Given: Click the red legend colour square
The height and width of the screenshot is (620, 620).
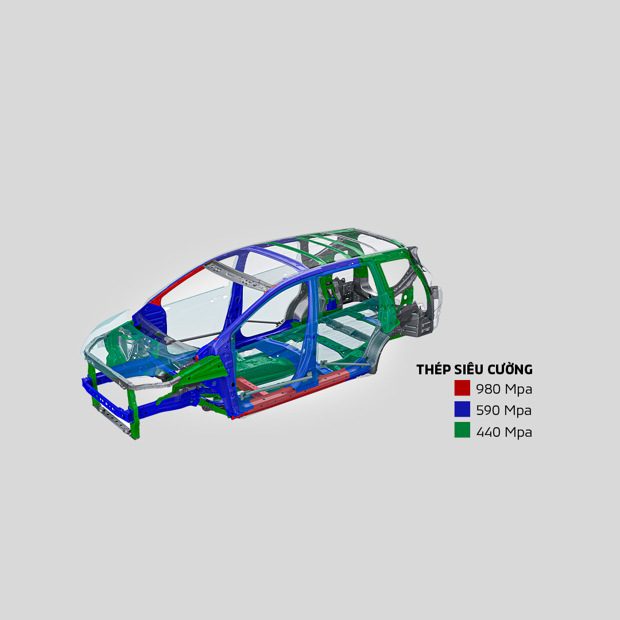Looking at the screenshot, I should pos(462,389).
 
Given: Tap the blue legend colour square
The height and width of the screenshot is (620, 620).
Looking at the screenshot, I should pos(462,410).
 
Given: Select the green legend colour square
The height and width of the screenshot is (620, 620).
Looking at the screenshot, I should pos(462,431).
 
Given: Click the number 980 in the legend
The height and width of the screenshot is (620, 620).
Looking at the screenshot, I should pos(488,389).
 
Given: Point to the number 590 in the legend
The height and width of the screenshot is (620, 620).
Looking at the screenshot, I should pos(488,410).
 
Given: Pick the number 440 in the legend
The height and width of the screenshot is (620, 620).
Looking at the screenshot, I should pos(488,432).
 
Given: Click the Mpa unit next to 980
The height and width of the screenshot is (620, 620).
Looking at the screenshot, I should pos(518,389).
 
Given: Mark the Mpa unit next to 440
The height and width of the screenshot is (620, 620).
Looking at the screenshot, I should pos(518,432).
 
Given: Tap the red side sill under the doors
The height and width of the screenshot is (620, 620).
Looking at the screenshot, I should pos(299,393).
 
